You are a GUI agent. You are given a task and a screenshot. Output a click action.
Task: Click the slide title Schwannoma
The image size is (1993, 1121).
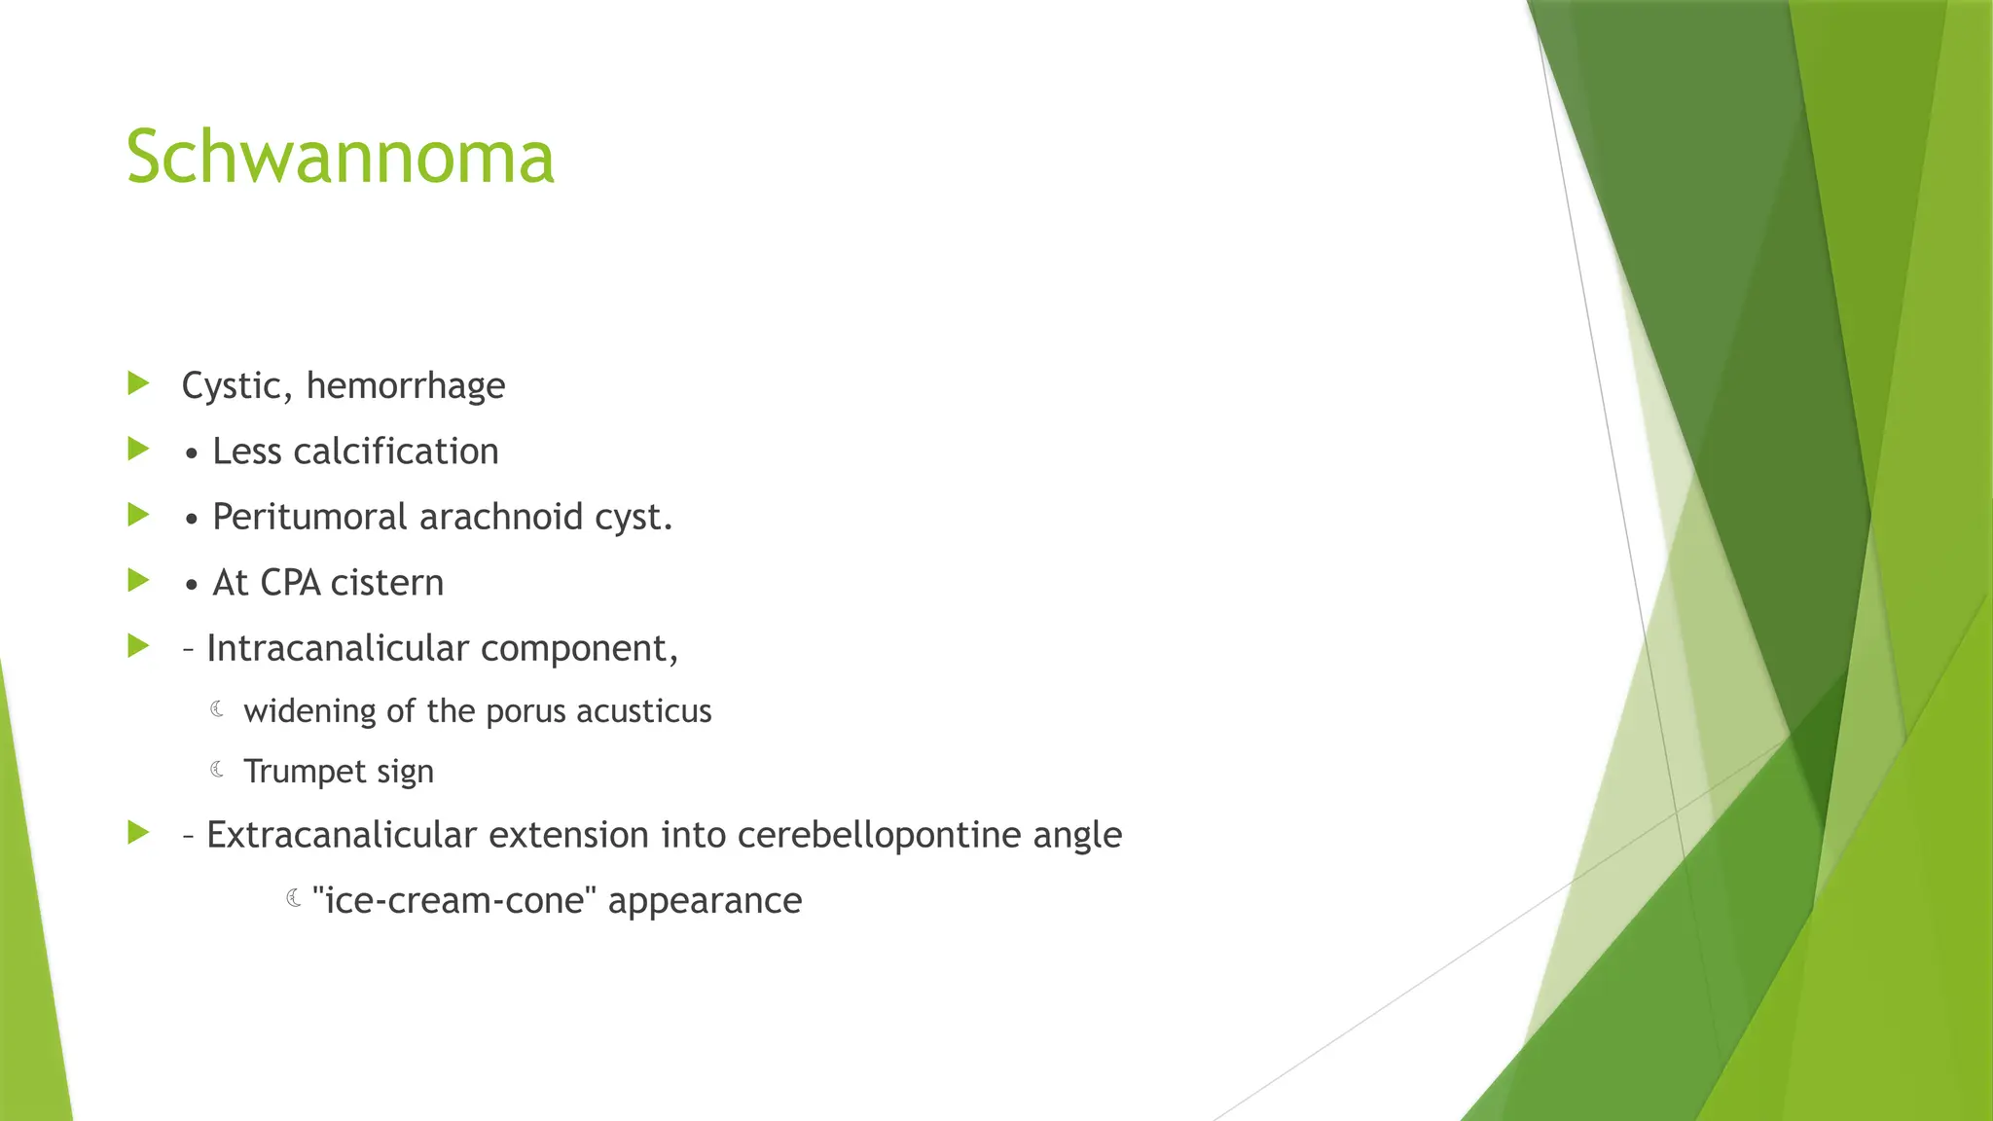point(340,157)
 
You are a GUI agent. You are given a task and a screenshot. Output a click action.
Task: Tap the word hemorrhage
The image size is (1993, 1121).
point(406,386)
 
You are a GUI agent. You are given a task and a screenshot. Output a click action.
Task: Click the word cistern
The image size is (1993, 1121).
point(387,583)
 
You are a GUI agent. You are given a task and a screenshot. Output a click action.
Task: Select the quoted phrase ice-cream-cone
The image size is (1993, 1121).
point(454,900)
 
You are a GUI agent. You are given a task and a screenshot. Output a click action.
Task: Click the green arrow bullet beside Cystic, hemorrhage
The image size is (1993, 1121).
point(138,383)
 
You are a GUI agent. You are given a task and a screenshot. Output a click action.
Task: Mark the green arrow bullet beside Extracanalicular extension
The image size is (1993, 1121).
point(138,833)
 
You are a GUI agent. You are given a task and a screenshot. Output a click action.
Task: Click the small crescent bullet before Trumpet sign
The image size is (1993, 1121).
point(218,770)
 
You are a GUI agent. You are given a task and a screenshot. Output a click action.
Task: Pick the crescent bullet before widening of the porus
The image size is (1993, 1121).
point(218,709)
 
